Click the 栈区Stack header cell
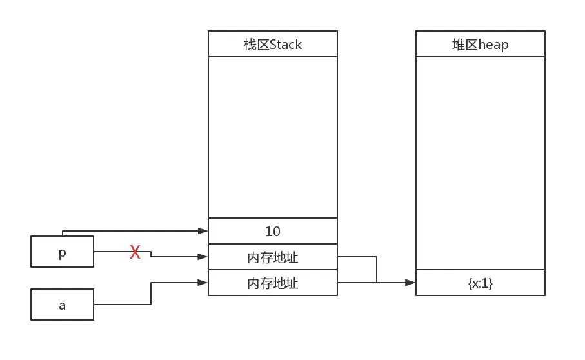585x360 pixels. point(272,45)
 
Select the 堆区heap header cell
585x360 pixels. point(480,45)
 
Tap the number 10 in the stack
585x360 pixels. point(272,231)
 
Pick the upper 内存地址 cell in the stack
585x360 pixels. point(272,257)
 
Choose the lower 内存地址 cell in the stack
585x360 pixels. point(272,283)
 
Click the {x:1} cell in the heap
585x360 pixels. point(480,283)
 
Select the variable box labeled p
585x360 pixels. point(63,253)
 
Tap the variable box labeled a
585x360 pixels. point(63,305)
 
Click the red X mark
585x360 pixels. point(135,252)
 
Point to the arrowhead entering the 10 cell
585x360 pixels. point(203,230)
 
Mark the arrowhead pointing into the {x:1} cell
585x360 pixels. point(410,283)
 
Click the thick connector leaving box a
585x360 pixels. point(126,304)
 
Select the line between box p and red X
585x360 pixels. point(112,251)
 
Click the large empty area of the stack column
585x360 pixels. point(272,137)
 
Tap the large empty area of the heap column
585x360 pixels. point(480,163)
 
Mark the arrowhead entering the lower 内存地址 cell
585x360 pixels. point(203,283)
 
